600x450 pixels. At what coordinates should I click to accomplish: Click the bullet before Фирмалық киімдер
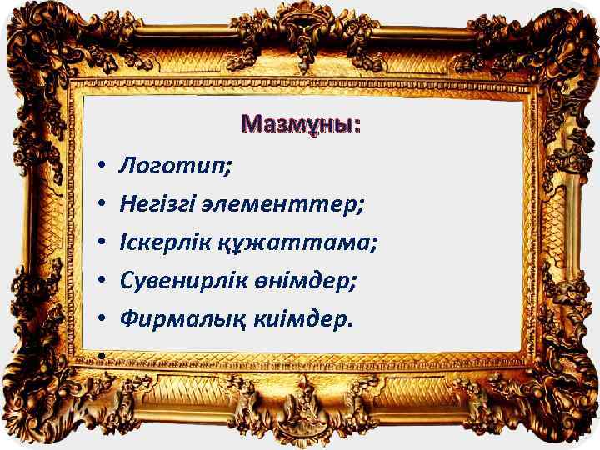(98, 318)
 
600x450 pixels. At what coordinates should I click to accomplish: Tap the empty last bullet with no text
(98, 356)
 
